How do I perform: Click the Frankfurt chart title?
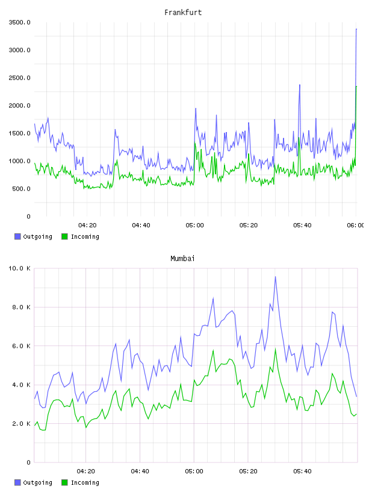tap(183, 12)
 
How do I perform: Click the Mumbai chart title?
tap(182, 258)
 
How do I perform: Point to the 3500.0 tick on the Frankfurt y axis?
tap(19, 22)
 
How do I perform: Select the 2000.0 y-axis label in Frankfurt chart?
tap(19, 106)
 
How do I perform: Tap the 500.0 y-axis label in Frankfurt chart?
tap(21, 189)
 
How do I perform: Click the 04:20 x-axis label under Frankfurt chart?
tap(87, 225)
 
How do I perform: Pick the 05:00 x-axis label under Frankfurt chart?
tap(194, 225)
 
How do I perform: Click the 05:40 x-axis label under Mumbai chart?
tap(302, 471)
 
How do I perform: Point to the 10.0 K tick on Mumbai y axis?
tap(19, 268)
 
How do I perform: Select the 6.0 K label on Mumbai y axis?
tap(21, 345)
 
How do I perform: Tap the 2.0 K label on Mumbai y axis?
tap(21, 424)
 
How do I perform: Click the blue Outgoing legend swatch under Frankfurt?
tap(17, 236)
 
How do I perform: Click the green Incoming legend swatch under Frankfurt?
tap(64, 236)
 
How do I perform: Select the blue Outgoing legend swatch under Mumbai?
tap(17, 482)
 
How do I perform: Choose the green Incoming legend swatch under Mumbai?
tap(64, 482)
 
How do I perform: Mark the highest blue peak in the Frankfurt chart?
tap(356, 29)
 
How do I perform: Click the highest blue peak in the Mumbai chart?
tap(276, 277)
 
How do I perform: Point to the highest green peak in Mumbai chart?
tap(276, 349)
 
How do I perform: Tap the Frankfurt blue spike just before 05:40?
tap(300, 85)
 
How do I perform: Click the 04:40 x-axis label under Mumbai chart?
tap(140, 471)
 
